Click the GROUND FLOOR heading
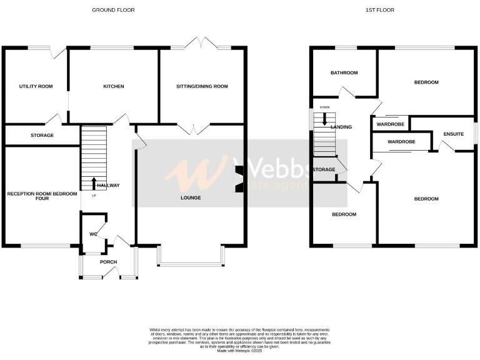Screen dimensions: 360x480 [113, 10]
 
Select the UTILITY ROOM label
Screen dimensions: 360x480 [36, 86]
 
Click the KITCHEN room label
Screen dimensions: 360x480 [114, 86]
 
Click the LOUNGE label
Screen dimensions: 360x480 [191, 198]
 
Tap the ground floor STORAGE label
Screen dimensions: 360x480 [42, 135]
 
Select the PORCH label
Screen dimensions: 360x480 [109, 261]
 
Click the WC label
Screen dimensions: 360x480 [93, 235]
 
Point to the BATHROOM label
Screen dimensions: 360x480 [344, 73]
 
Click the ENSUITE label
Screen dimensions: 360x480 [453, 134]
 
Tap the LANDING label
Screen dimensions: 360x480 [341, 127]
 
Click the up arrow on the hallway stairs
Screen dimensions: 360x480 [94, 183]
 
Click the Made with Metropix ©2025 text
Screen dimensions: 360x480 [239, 351]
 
